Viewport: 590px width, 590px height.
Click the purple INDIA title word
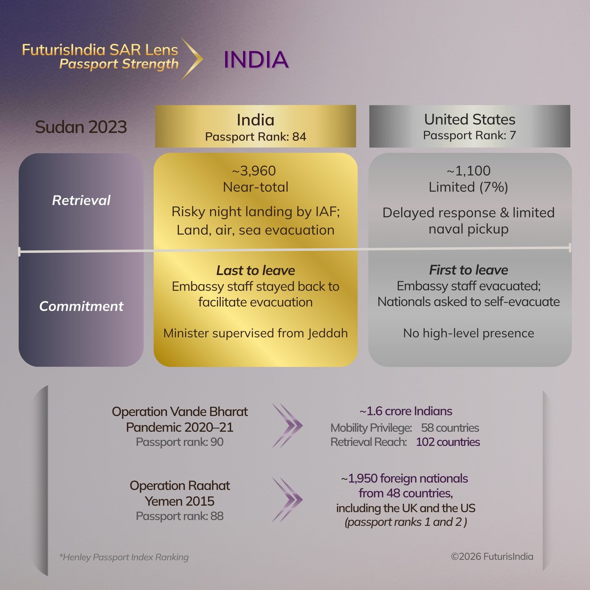[256, 60]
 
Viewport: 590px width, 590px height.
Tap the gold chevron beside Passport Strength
[192, 59]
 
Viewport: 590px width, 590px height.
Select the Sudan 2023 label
[81, 127]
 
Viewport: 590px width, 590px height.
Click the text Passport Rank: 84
[256, 137]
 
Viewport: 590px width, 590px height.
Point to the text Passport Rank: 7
[469, 135]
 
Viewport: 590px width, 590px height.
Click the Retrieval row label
[81, 200]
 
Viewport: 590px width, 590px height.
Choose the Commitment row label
[81, 306]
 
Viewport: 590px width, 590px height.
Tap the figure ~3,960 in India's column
[254, 171]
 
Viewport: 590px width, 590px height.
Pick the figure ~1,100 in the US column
[468, 171]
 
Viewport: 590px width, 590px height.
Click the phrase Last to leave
[256, 270]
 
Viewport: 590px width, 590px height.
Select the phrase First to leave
[468, 270]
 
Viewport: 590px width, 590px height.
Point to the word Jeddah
[328, 333]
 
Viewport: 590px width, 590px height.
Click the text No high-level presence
[468, 333]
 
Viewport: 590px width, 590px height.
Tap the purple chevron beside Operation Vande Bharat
[287, 426]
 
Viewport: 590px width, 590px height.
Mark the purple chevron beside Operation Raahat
[287, 500]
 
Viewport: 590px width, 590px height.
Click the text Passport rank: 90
[180, 442]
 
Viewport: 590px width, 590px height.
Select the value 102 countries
[448, 442]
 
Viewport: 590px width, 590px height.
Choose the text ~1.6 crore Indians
[406, 411]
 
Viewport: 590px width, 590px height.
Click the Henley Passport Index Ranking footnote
[124, 557]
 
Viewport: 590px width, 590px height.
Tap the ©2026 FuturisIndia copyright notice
[492, 556]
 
